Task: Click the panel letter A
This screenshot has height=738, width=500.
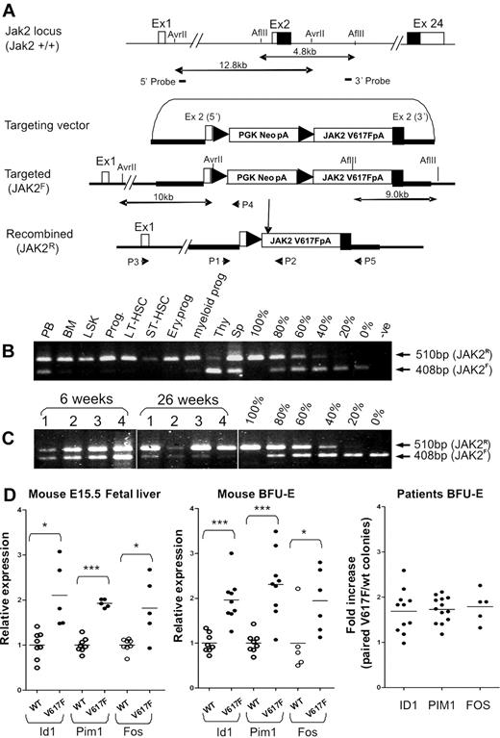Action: point(10,9)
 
